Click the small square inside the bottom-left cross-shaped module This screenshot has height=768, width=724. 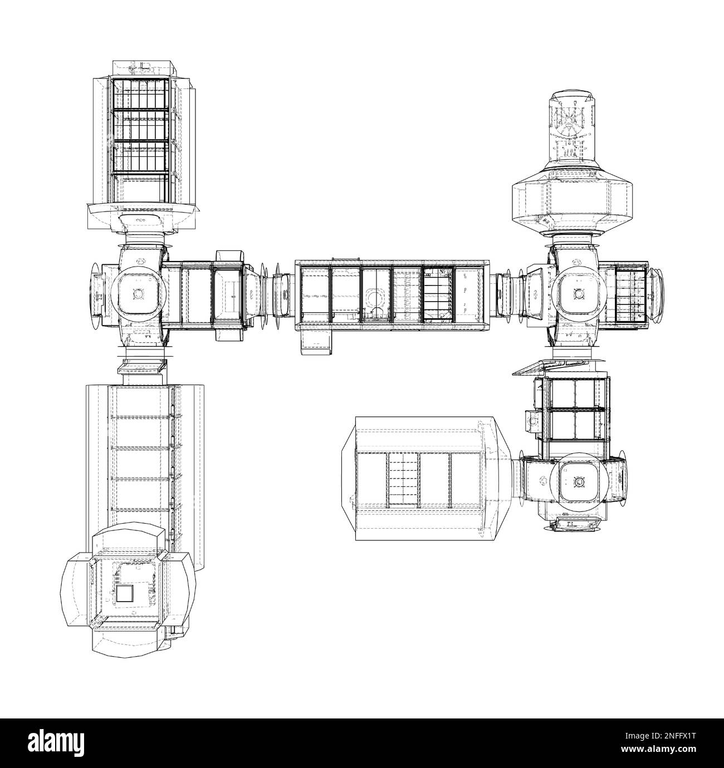click(x=125, y=594)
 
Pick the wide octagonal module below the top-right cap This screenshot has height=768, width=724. click(x=572, y=202)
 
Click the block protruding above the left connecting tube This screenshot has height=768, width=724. click(x=229, y=257)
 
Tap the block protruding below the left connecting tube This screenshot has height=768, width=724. click(x=229, y=332)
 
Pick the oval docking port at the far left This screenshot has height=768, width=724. click(x=95, y=293)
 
